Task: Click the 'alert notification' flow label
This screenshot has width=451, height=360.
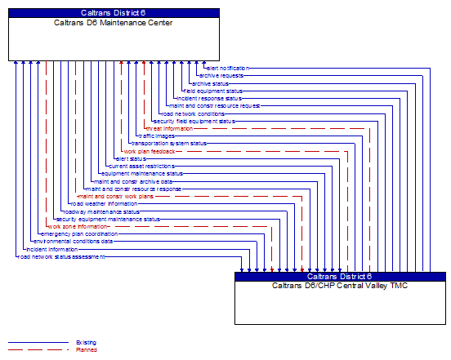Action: pyautogui.click(x=228, y=68)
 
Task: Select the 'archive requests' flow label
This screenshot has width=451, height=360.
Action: pyautogui.click(x=221, y=75)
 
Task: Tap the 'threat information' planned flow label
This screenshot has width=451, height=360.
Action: pyautogui.click(x=169, y=128)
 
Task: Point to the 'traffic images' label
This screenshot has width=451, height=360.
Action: pyautogui.click(x=156, y=136)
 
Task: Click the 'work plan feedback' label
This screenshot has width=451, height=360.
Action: pyautogui.click(x=149, y=151)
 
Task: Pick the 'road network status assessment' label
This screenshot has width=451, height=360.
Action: pyautogui.click(x=61, y=256)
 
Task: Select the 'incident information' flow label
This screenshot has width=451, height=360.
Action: pyautogui.click(x=51, y=249)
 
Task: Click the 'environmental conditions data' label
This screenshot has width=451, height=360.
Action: pyautogui.click(x=74, y=242)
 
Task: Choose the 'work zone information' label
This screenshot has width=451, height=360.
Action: pyautogui.click(x=78, y=226)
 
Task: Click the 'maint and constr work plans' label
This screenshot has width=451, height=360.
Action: pyautogui.click(x=115, y=196)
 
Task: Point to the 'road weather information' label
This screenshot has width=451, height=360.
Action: pyautogui.click(x=104, y=203)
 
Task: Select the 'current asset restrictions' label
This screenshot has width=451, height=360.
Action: pyautogui.click(x=141, y=166)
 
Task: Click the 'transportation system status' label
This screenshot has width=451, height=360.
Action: pyautogui.click(x=169, y=143)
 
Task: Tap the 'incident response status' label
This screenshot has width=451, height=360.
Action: pyautogui.click(x=208, y=98)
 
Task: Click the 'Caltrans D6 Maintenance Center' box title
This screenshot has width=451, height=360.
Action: pyautogui.click(x=114, y=23)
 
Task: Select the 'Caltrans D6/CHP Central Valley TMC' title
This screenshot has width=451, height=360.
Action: pyautogui.click(x=340, y=286)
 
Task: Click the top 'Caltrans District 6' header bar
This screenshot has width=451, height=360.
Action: pyautogui.click(x=114, y=13)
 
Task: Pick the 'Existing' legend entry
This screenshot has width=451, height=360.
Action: pyautogui.click(x=86, y=342)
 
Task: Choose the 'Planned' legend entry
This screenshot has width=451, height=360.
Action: pyautogui.click(x=86, y=349)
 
